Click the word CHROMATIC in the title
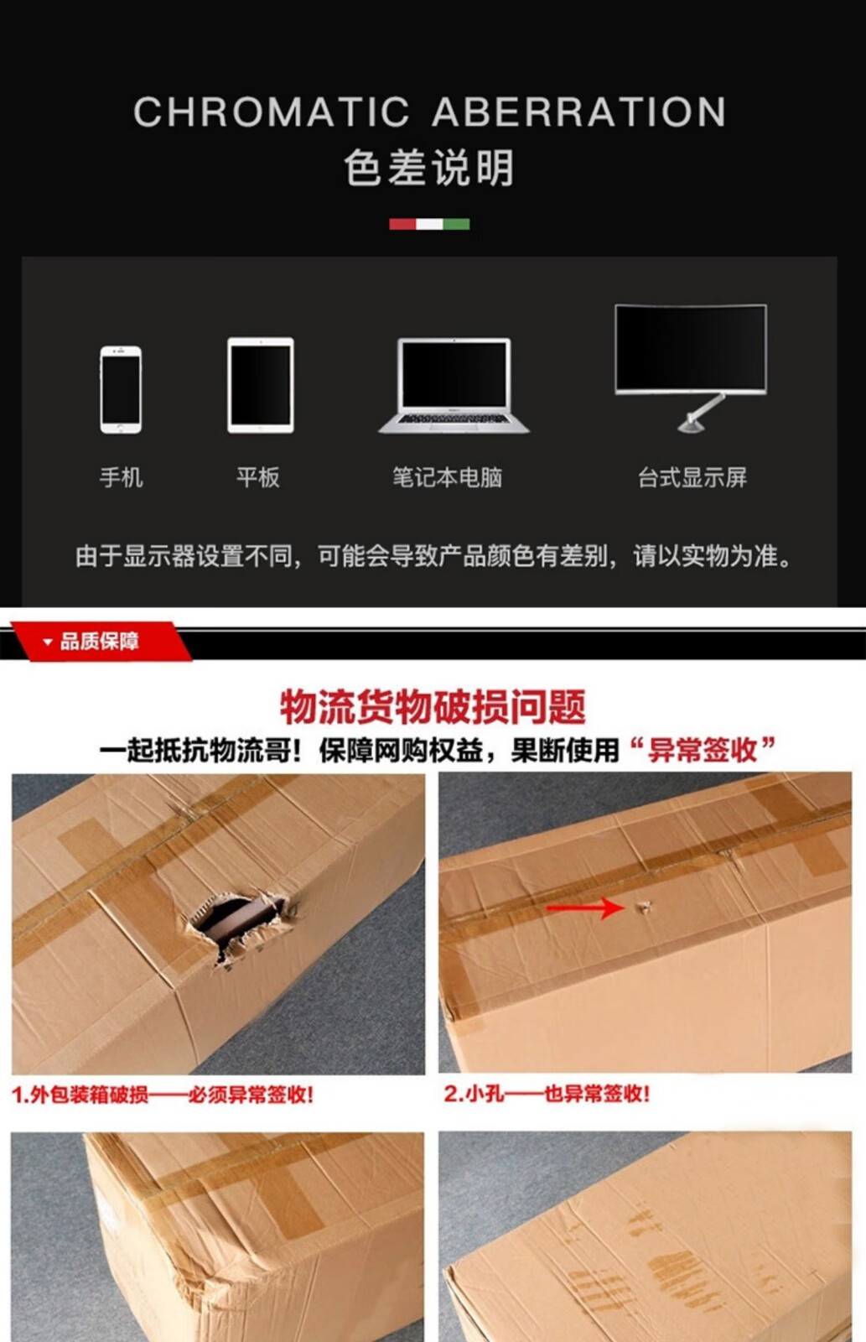(272, 112)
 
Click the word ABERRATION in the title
(579, 112)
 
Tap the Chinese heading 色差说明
(429, 168)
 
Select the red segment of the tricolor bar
(402, 224)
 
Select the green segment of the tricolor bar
(456, 224)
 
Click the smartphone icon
(121, 389)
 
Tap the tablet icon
(261, 385)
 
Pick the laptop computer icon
(454, 385)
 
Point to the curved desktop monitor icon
(691, 367)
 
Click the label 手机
(122, 477)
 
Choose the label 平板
(258, 477)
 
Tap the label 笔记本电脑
(448, 477)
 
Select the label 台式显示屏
(692, 477)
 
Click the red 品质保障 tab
(100, 642)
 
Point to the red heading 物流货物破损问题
(433, 708)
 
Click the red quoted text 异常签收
(703, 750)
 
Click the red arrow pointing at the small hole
(586, 908)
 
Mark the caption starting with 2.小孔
(547, 1094)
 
